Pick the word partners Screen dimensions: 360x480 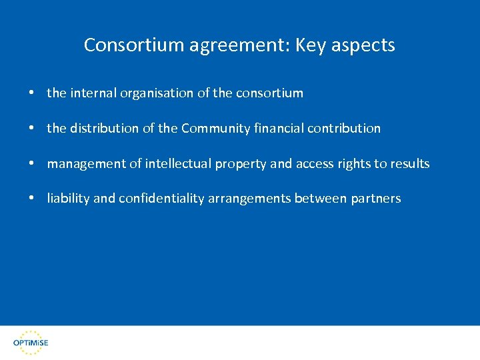coord(376,199)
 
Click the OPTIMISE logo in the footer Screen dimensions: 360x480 coord(31,341)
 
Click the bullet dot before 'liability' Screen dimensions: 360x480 coord(32,199)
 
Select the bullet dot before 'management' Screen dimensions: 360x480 coord(32,163)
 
